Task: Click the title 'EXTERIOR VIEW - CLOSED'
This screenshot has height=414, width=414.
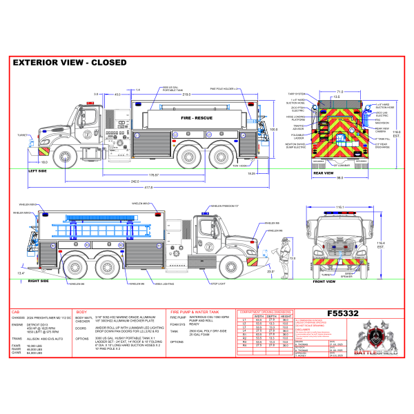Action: click(x=70, y=62)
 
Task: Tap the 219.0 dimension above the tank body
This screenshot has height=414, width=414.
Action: click(x=187, y=93)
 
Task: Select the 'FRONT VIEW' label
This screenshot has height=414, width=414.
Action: click(x=328, y=282)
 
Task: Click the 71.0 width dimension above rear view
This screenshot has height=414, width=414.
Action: click(x=339, y=91)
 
